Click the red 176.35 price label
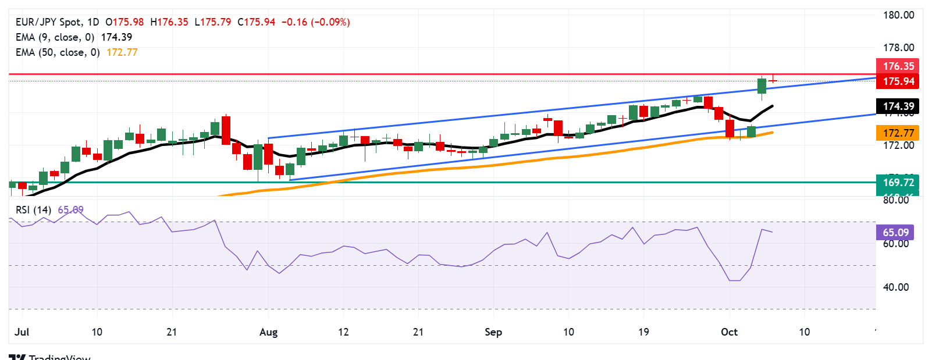897,66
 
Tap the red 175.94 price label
897,81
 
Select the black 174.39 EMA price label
897,106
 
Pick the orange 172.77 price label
897,133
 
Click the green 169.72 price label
897,183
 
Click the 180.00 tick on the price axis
898,15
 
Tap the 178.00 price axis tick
898,48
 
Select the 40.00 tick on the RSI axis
896,287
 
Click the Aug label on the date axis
268,332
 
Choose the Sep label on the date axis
493,332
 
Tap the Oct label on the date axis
729,332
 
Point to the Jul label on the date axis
22,332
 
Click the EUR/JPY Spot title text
49,22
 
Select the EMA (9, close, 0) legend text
55,37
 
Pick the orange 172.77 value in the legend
122,52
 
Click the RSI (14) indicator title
33,210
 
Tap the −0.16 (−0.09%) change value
315,22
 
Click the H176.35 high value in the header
169,22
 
